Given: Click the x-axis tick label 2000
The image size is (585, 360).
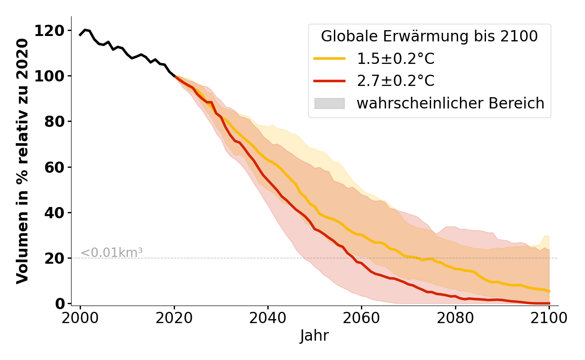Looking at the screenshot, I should tap(80, 318).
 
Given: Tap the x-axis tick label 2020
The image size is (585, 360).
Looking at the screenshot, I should tap(174, 318).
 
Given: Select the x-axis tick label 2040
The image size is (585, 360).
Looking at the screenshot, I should tap(268, 318).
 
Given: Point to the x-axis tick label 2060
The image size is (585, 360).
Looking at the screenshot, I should tap(361, 318).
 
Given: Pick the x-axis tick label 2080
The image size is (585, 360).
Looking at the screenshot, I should tap(455, 318).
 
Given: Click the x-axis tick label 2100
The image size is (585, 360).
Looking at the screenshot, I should tap(549, 318).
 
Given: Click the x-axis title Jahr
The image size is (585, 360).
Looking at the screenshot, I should tap(314, 336).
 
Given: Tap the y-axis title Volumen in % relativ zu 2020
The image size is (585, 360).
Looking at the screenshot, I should tap(22, 161).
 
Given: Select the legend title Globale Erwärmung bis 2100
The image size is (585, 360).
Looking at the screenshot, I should tap(429, 36).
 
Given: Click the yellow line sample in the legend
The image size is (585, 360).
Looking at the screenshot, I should tap(329, 58).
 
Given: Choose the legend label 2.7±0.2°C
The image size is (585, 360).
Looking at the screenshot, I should tap(396, 81).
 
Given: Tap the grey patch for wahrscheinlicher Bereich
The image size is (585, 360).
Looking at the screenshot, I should tap(329, 103).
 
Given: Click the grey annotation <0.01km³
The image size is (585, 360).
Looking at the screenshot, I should tap(112, 253).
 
